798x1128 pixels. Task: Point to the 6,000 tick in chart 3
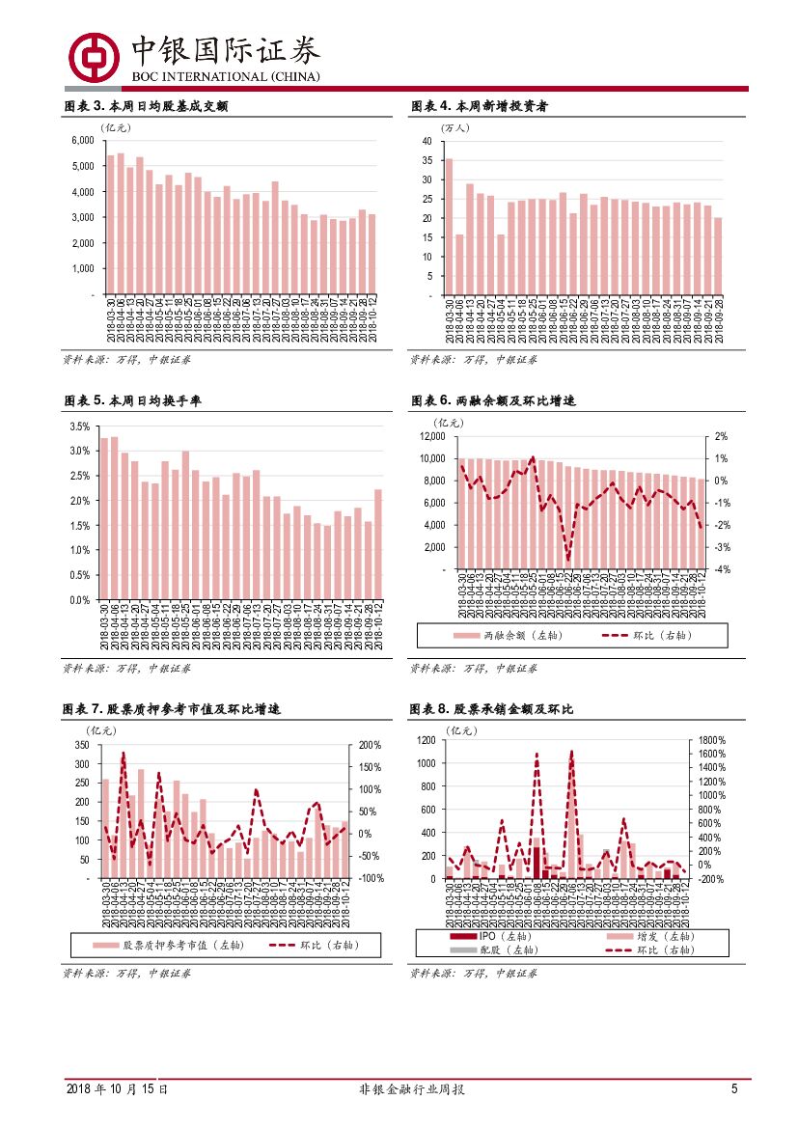[82, 140]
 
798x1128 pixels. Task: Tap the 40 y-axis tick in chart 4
[427, 141]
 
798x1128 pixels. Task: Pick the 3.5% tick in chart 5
[80, 426]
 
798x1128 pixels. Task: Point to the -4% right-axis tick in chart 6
[721, 569]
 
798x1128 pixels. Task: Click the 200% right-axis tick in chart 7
[371, 746]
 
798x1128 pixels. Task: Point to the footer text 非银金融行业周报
[399, 1088]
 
